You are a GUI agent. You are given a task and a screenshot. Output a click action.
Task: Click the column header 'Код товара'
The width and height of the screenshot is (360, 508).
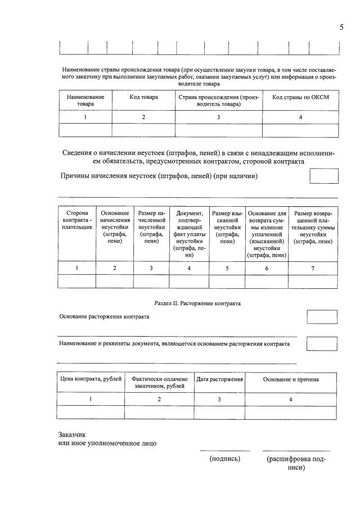click(x=143, y=97)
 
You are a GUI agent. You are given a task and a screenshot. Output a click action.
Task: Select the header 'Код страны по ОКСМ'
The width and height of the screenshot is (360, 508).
click(x=300, y=97)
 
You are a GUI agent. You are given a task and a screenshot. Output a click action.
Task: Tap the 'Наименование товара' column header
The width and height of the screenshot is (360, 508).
click(x=85, y=101)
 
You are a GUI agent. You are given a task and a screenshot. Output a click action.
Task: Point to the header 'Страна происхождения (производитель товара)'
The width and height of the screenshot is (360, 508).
click(x=219, y=101)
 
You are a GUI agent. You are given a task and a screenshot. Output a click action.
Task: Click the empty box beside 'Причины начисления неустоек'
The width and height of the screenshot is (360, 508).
click(x=325, y=176)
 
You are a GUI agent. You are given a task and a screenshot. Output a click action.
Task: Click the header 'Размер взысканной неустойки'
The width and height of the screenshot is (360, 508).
click(x=227, y=227)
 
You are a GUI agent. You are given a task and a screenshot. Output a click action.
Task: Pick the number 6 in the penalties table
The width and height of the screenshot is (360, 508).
click(x=267, y=268)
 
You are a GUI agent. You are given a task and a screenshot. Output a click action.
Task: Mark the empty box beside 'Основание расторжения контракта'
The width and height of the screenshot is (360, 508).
click(x=321, y=317)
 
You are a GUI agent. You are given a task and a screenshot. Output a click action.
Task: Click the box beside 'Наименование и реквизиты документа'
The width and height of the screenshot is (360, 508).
click(x=321, y=344)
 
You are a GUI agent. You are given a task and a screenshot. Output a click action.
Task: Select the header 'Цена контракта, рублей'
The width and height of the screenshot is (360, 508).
click(x=91, y=379)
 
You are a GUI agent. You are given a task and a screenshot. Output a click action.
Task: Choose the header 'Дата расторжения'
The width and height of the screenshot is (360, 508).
click(x=219, y=379)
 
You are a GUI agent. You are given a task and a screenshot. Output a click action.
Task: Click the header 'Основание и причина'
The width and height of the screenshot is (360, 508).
click(x=291, y=379)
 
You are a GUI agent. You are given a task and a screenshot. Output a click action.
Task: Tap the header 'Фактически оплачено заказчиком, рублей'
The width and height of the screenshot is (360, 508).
click(x=159, y=383)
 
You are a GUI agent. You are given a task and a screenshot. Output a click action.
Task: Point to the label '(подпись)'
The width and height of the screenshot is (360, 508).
click(x=225, y=459)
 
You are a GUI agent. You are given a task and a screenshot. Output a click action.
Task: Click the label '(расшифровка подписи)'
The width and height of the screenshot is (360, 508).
click(x=296, y=463)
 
